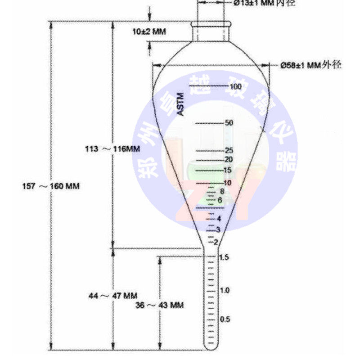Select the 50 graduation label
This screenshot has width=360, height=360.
coord(228,123)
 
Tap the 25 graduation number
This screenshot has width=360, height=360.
coord(228,151)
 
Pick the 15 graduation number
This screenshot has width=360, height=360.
coord(227,170)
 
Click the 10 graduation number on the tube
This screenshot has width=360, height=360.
coord(227,183)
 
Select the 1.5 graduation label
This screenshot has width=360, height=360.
coord(223,257)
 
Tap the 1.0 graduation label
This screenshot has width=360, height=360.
coord(225,290)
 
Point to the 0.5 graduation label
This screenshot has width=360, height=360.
coord(225,319)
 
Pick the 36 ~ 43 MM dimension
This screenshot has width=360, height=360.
coord(160,305)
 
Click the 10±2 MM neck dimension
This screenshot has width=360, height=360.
coord(149,31)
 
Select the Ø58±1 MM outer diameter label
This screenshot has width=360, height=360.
coord(310,65)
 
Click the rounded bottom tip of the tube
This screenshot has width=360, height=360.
coord(211,347)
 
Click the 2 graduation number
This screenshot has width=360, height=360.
coord(216,242)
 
